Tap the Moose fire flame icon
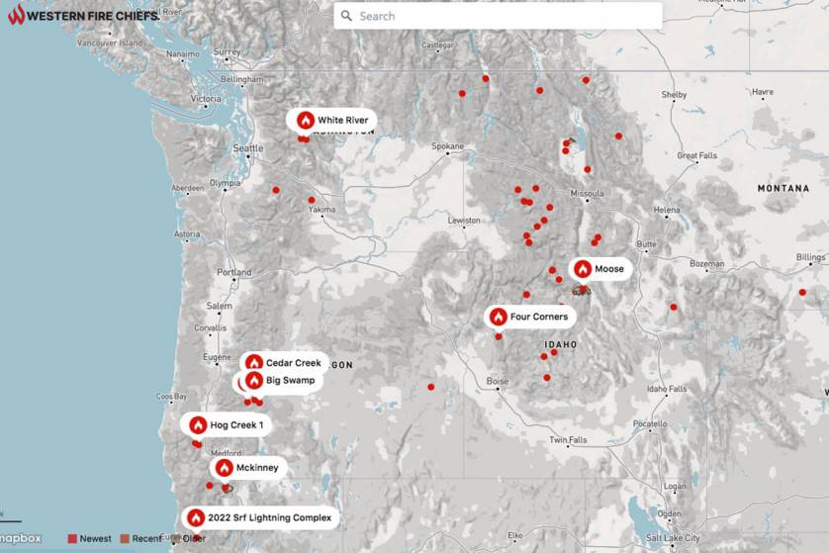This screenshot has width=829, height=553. pos(583,269)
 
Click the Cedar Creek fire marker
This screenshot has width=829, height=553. pos(254,363)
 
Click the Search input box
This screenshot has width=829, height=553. pos(505,16)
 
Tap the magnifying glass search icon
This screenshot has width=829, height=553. pos(346,16)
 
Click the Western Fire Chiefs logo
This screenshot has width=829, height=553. pos(84,15)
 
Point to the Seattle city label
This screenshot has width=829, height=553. pos(247,148)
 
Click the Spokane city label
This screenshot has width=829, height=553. pos(447,146)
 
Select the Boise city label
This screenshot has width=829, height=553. pos(498,381)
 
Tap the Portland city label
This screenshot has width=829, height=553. pos(234,272)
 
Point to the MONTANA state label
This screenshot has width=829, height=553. pos(783,188)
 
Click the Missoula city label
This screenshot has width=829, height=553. pos(588,193)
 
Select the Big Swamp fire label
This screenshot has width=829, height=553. pos(290,380)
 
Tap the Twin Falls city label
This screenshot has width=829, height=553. pos(568,439)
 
